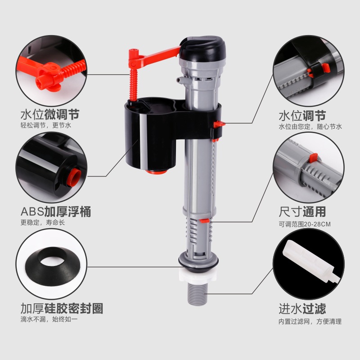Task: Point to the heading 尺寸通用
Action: [x=302, y=211]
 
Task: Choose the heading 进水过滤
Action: [x=302, y=309]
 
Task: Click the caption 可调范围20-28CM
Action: [x=305, y=224]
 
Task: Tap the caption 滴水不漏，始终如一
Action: [x=49, y=320]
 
